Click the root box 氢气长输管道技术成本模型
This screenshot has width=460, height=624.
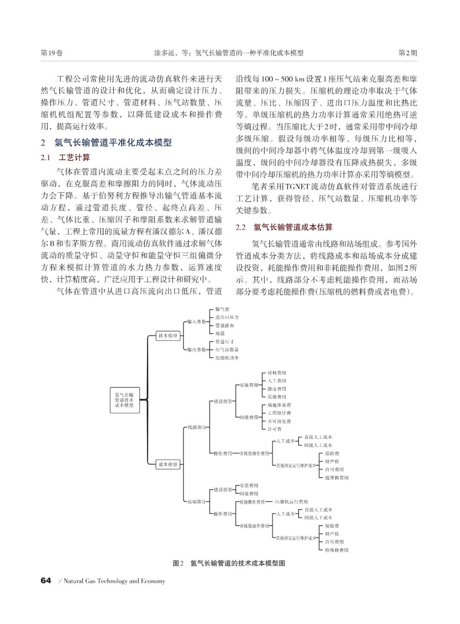[124, 400]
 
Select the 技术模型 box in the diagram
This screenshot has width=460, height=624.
[168, 335]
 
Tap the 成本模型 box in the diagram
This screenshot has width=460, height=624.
[168, 464]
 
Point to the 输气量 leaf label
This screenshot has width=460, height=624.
[222, 309]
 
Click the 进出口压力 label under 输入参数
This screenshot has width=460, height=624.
[227, 318]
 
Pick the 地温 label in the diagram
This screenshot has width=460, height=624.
[220, 333]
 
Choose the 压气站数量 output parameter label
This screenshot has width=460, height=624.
[227, 349]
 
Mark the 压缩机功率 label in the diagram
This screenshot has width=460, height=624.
[227, 358]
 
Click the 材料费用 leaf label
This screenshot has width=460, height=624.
[277, 373]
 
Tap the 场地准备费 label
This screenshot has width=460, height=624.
[279, 405]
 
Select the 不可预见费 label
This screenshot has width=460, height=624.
[279, 421]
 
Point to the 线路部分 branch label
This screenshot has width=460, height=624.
[197, 427]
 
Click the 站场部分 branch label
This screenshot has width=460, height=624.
[197, 501]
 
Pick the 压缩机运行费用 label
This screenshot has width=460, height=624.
[291, 502]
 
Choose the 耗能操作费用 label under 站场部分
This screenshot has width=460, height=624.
[252, 502]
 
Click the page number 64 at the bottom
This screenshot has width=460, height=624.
[46, 581]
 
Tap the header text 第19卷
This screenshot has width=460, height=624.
[52, 53]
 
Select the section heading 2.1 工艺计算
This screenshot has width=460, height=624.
[66, 158]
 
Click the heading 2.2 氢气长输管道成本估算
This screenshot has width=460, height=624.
[284, 227]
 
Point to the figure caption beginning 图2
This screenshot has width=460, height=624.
[229, 563]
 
